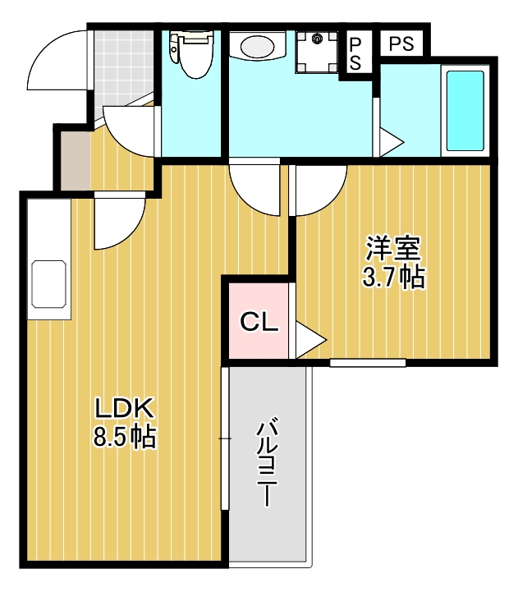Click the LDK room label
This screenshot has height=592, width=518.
[x=123, y=407]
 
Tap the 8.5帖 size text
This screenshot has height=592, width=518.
[x=124, y=437]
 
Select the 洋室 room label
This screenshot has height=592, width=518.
[x=393, y=248]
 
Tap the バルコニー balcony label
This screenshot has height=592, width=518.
[x=267, y=462]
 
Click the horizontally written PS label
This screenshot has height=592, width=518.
[x=401, y=44]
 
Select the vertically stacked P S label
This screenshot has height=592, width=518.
[x=355, y=52]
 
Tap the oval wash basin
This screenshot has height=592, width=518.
[x=256, y=46]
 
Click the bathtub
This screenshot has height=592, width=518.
[x=465, y=111]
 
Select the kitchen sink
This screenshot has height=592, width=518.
[x=48, y=283]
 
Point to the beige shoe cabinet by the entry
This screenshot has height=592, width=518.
[x=72, y=159]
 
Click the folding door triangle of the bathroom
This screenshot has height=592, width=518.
[x=389, y=142]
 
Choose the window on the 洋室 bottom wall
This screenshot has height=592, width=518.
[x=368, y=361]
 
